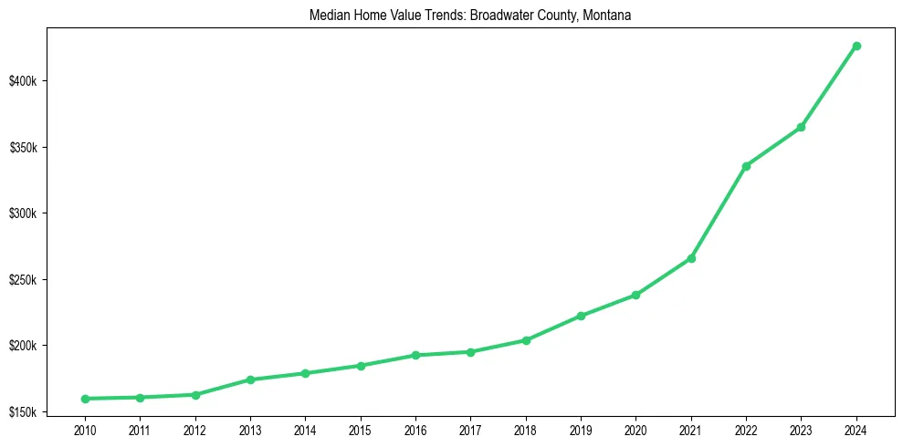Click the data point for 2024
click(856, 46)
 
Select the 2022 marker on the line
click(746, 166)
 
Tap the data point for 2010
click(85, 399)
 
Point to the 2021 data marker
click(691, 258)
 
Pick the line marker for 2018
click(526, 340)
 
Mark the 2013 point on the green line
click(250, 379)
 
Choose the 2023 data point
click(801, 127)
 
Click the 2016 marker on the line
click(415, 355)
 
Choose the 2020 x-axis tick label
click(635, 429)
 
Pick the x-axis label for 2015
click(361, 429)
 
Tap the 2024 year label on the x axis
click(856, 429)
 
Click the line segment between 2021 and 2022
click(719, 212)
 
